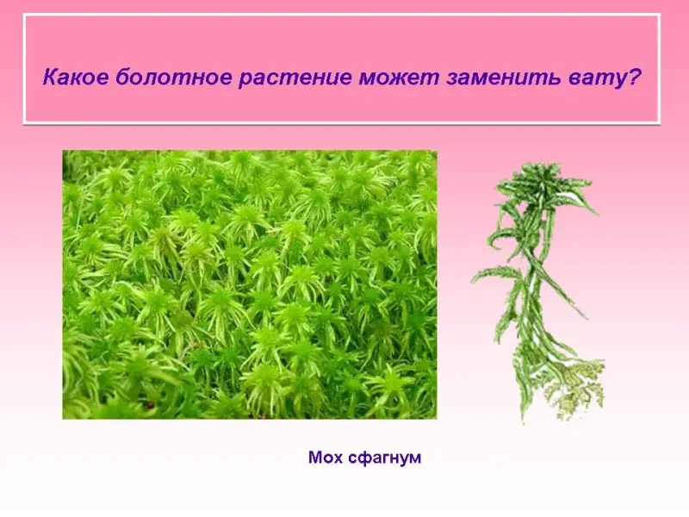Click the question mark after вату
click(631, 78)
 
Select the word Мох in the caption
click(326, 458)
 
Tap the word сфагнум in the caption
click(384, 459)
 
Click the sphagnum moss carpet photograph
click(250, 284)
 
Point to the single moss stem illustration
click(539, 292)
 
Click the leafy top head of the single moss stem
click(543, 184)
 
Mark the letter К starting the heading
click(51, 78)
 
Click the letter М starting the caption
click(316, 458)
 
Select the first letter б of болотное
click(123, 78)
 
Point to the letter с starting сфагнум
click(352, 459)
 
